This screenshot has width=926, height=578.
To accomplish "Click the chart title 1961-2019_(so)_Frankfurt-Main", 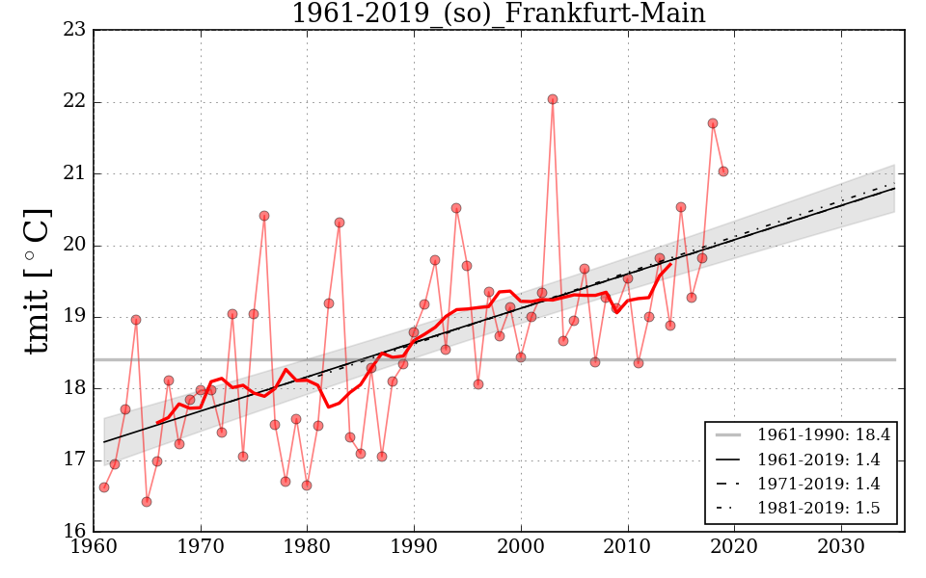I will click(x=498, y=14).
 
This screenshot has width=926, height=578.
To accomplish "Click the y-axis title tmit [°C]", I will click(x=38, y=280).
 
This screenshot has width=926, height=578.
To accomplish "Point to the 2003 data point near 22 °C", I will click(x=553, y=99).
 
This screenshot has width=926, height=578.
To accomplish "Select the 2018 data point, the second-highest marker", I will click(x=713, y=123).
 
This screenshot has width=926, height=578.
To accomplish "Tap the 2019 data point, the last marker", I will click(x=723, y=171).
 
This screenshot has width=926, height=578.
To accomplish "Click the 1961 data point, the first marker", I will click(x=104, y=487).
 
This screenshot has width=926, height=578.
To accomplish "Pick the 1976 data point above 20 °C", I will click(x=264, y=216).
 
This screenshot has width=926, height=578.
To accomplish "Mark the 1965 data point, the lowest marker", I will click(x=147, y=502).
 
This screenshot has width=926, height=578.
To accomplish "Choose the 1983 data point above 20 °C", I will click(x=340, y=223).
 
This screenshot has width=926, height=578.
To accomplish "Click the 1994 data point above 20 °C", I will click(x=456, y=208).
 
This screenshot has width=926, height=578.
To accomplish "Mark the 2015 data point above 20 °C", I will click(x=681, y=207).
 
